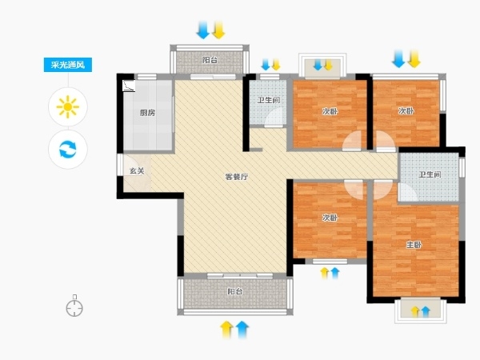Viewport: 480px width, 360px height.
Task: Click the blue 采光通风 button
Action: [x=68, y=65]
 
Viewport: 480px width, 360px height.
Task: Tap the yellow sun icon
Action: [x=68, y=106]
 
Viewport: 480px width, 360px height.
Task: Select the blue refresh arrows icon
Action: [x=68, y=149]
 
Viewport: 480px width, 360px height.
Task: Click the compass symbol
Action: [x=74, y=306]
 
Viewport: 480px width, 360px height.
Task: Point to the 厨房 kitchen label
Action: [x=147, y=113]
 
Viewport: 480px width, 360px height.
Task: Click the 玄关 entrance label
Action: [x=137, y=171]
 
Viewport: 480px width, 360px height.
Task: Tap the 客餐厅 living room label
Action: [x=237, y=177]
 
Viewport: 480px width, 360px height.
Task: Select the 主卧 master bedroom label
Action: [x=414, y=245]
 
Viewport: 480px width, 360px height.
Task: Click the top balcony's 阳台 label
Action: [x=210, y=60]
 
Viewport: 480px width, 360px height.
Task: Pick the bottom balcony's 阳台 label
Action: [x=235, y=291]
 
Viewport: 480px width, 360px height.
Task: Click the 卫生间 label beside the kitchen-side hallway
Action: [x=269, y=100]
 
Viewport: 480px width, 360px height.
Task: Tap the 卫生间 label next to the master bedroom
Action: [x=430, y=174]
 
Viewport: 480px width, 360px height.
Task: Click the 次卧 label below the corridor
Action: [x=330, y=218]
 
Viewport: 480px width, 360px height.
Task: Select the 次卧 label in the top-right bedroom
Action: [x=406, y=111]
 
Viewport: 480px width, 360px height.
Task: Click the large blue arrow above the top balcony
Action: [x=203, y=30]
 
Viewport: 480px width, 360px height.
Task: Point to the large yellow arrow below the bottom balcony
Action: [x=227, y=330]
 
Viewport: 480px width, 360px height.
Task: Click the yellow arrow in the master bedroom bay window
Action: [x=415, y=311]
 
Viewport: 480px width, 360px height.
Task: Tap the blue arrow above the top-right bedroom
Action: [x=398, y=58]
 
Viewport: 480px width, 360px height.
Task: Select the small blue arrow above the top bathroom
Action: [x=266, y=65]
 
